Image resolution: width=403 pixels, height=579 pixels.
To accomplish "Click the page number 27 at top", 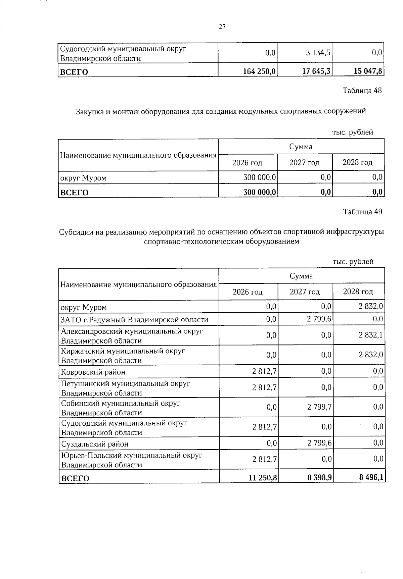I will (x=222, y=27).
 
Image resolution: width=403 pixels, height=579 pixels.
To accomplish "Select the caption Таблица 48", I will (x=362, y=91).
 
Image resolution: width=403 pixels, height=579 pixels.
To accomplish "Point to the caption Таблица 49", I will (x=362, y=212).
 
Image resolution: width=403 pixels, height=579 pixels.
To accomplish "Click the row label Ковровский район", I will (x=93, y=372).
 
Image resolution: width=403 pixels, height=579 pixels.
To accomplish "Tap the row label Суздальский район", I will (x=95, y=444).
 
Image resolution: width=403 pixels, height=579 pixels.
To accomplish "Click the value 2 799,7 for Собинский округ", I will (x=319, y=407).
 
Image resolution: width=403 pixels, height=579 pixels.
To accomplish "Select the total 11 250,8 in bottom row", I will (x=263, y=477).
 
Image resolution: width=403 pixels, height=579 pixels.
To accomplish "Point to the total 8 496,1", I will (x=371, y=477).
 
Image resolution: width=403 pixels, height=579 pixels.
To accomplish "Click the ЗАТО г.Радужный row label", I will (x=134, y=319).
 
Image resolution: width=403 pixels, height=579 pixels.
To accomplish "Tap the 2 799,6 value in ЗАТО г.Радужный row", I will (x=319, y=319).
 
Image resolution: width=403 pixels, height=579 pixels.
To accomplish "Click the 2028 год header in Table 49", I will (x=358, y=292).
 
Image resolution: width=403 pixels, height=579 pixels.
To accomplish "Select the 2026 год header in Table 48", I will (x=247, y=163).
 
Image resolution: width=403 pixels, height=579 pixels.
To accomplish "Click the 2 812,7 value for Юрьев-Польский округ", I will (x=264, y=459).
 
